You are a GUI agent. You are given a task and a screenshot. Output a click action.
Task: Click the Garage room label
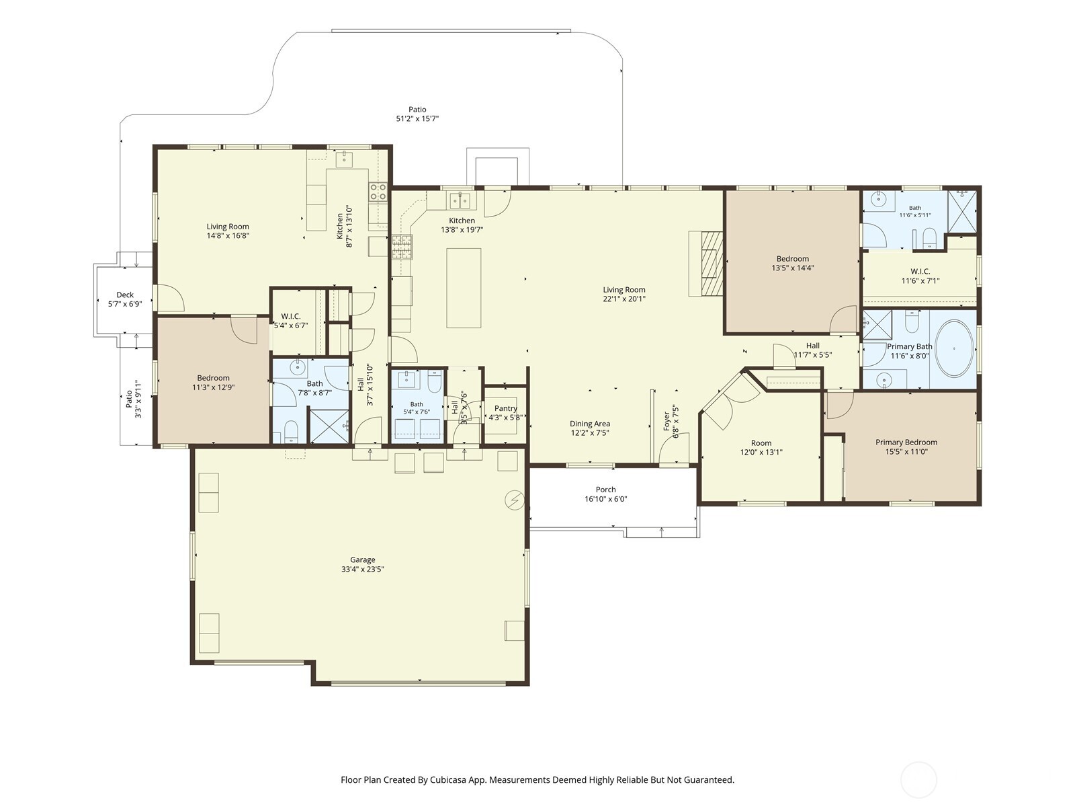coord(362,560)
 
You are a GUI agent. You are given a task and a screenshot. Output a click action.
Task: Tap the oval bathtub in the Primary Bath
coord(954,348)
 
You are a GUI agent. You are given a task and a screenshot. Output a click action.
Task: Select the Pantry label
coord(505,408)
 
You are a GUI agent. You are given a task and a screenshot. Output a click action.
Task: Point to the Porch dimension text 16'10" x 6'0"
coord(606,499)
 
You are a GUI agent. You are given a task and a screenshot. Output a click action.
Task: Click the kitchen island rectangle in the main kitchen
coord(464,288)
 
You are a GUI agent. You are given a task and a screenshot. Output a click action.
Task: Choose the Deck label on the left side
coord(125,295)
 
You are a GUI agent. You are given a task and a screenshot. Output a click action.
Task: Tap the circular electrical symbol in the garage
coord(514,500)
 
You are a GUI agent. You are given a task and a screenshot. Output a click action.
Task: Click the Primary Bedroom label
coord(906,442)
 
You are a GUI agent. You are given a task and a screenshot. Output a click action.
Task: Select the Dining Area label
coord(590,424)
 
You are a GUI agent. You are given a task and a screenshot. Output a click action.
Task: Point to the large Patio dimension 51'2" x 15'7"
coord(417,118)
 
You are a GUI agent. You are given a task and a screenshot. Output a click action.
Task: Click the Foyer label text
coord(666,422)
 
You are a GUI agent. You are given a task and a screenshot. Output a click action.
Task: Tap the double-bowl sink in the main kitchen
coord(460,200)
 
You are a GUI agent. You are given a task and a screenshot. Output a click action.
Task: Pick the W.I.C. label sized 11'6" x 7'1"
coord(920,271)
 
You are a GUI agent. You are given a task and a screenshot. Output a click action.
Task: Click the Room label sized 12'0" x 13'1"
coord(761,443)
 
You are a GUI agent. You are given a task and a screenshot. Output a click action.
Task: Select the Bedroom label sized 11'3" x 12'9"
coord(213,378)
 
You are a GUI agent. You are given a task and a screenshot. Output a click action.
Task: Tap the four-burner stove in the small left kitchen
coord(378,192)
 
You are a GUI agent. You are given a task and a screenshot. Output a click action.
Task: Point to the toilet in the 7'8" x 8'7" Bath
coord(291,431)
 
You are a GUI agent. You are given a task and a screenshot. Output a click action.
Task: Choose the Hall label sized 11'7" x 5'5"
coord(812,346)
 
